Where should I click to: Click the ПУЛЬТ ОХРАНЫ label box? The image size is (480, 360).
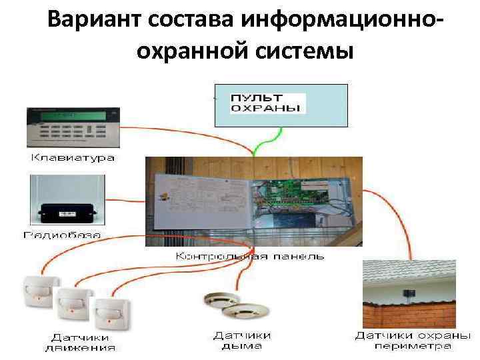[x=267, y=103]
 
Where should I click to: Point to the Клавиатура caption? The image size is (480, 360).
[x=73, y=159]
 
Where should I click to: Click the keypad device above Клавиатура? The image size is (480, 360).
[x=73, y=127]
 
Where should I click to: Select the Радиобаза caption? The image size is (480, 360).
[x=62, y=234]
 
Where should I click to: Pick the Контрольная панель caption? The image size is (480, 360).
[x=250, y=256]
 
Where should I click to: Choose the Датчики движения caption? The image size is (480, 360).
[x=80, y=341]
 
